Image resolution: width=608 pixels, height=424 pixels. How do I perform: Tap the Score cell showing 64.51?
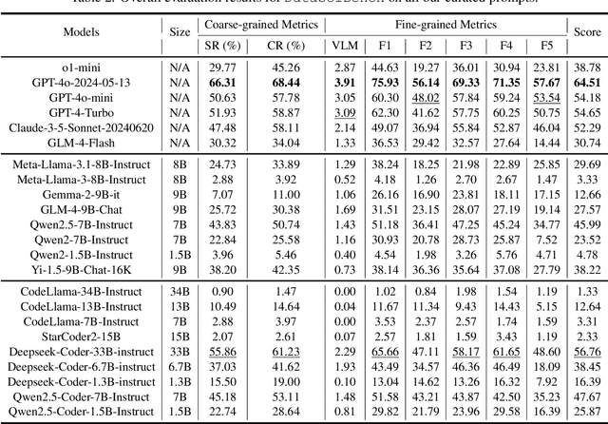pos(587,82)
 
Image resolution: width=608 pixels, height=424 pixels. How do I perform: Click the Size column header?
pos(180,31)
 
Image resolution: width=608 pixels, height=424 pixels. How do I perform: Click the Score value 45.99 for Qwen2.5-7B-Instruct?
pos(587,222)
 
